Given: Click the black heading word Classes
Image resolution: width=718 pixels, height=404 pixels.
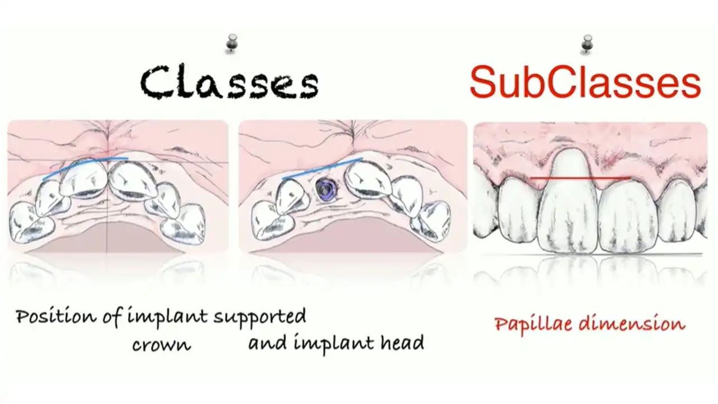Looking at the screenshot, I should (229, 82).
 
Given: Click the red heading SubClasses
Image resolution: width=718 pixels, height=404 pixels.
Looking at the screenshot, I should (585, 82).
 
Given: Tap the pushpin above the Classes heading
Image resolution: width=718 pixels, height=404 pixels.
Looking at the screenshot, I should (231, 43).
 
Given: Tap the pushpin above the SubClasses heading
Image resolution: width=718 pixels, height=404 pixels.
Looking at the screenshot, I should (587, 43).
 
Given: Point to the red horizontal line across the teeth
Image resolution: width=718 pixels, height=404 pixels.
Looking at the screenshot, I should (581, 178).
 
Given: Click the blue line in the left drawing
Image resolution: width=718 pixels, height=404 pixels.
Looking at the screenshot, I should (84, 168).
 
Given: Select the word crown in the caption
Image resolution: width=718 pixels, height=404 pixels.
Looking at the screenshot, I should (162, 344).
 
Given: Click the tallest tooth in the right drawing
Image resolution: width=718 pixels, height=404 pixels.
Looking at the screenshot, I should (569, 202).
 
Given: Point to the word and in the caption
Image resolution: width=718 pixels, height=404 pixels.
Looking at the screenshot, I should (264, 343).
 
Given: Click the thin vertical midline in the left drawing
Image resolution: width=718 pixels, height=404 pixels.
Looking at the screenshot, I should (107, 224).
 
